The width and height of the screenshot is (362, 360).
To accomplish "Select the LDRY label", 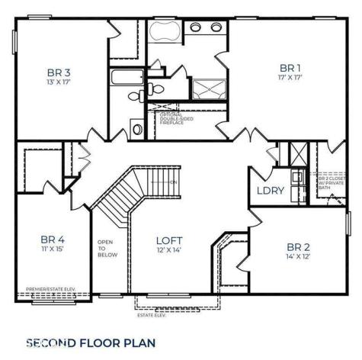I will tap(269, 191).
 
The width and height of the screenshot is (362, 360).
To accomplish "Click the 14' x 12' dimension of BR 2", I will tap(297, 257).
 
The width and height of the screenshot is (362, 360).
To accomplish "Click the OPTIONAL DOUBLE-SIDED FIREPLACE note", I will tap(179, 118).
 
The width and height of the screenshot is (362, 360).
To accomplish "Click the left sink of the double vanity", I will tap(195, 27).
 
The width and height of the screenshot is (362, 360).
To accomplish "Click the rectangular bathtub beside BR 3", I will tap(123, 77).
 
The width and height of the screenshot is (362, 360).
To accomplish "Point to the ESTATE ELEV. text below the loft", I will tap(150, 313).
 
